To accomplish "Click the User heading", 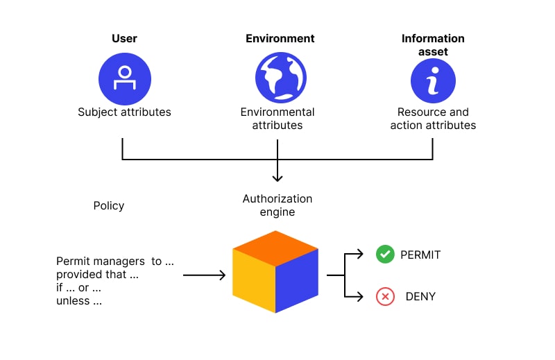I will [124, 39].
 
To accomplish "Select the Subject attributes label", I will [124, 112].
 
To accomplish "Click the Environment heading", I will [280, 39].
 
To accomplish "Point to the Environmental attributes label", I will [277, 119].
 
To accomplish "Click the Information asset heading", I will [433, 45].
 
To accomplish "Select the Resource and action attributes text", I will [433, 119].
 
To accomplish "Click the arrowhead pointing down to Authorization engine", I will [277, 178].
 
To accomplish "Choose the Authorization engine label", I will [277, 205].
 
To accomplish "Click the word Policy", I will [109, 205].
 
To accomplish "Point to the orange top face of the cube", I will [275, 248].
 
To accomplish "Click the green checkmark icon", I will [384, 255].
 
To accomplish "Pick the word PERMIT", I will [420, 255].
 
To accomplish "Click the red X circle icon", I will [384, 297].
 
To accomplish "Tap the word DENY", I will [420, 297].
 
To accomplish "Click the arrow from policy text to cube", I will [205, 275].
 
